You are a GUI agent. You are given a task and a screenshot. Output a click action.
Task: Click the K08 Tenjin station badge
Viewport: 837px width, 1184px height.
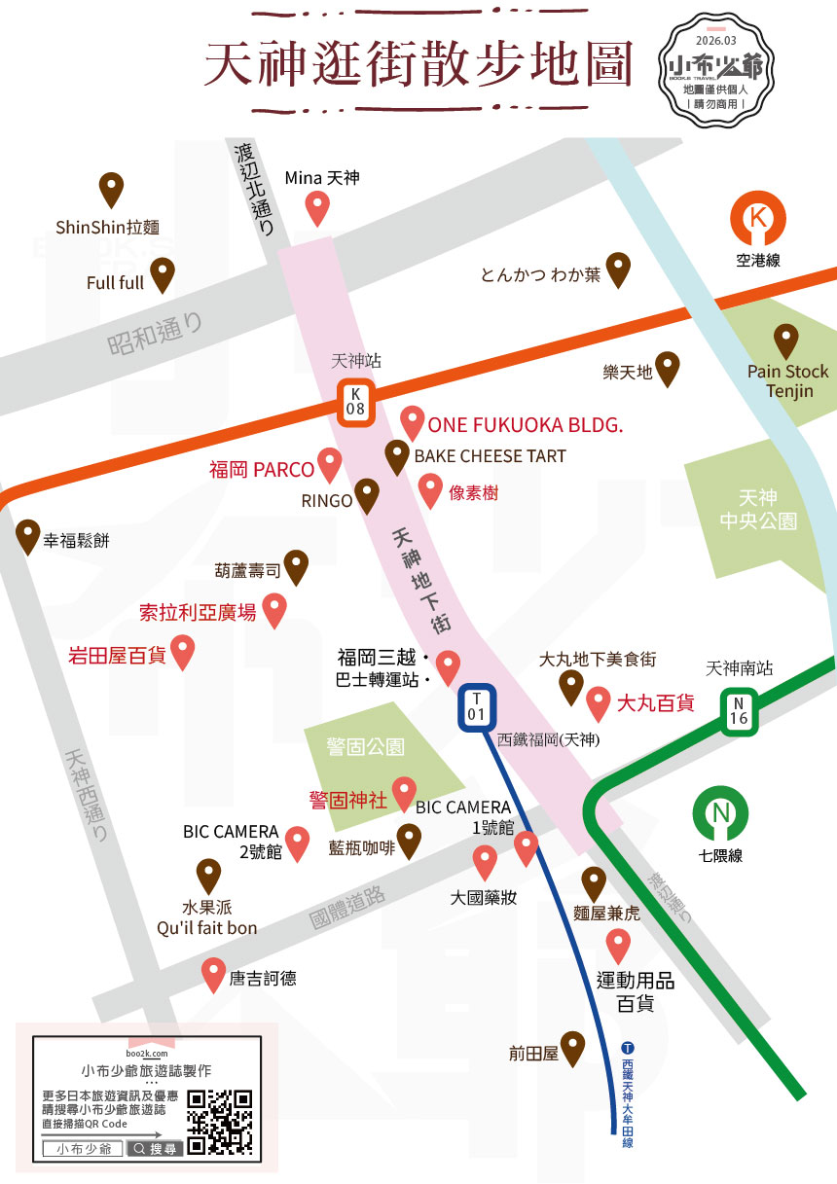pyautogui.click(x=356, y=401)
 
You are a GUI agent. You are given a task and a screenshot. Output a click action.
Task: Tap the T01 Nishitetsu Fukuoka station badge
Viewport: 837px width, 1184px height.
pyautogui.click(x=477, y=707)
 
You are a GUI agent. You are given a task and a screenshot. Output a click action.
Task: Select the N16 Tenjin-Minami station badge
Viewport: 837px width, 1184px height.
pyautogui.click(x=739, y=711)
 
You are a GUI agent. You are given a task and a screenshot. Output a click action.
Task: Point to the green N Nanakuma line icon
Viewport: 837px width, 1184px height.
pyautogui.click(x=721, y=814)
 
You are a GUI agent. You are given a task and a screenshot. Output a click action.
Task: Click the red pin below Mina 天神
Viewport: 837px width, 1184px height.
pyautogui.click(x=317, y=208)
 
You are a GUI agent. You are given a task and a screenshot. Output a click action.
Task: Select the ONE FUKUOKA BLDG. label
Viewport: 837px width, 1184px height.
pyautogui.click(x=526, y=426)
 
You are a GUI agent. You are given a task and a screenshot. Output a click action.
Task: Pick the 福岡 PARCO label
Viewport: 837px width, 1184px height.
pyautogui.click(x=262, y=470)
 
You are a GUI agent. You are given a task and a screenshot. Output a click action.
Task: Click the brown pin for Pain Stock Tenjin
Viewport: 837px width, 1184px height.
pyautogui.click(x=785, y=341)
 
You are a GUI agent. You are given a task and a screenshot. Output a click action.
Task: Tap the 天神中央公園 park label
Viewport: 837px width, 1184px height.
pyautogui.click(x=758, y=509)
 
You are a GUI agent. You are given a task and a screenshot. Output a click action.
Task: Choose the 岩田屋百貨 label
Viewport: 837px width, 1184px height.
pyautogui.click(x=116, y=656)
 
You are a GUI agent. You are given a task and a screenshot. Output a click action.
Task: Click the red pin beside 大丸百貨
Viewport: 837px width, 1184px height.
pyautogui.click(x=599, y=701)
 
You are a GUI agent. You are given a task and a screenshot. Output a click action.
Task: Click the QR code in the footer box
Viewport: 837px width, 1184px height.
pyautogui.click(x=220, y=1122)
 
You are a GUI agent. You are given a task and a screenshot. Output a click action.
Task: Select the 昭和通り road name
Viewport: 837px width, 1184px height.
pyautogui.click(x=156, y=331)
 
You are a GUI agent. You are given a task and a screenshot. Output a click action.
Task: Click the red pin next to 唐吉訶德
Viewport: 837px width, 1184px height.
pyautogui.click(x=213, y=975)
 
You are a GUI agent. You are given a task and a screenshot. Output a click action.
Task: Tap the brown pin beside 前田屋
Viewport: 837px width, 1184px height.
pyautogui.click(x=573, y=1048)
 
